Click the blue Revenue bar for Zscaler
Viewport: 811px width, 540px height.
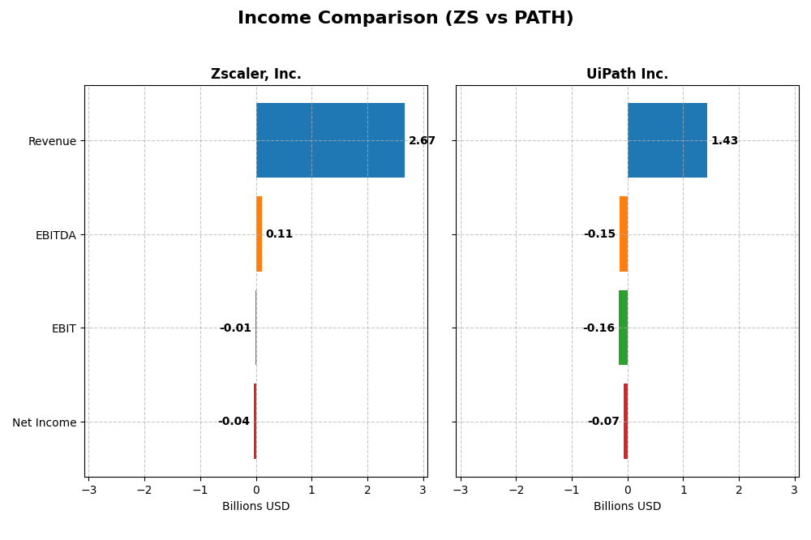pos(330,140)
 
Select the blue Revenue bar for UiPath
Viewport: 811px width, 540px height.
pos(667,140)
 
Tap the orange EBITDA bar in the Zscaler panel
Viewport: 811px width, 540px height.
pos(259,234)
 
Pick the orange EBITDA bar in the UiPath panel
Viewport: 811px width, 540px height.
pos(624,234)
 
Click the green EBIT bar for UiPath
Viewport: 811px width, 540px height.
pos(623,328)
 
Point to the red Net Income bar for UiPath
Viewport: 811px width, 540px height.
pos(625,422)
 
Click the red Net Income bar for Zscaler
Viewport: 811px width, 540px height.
pos(255,422)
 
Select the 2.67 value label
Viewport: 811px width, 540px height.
pos(422,141)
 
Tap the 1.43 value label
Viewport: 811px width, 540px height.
pos(724,141)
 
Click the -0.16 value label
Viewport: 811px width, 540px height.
pos(599,328)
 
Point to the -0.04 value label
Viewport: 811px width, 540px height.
pos(234,422)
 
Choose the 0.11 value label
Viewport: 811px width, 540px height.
pos(279,234)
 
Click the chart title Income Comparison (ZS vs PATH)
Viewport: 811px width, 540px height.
pos(405,18)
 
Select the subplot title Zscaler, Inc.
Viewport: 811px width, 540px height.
pos(255,75)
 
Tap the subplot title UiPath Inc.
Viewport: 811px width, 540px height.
pos(627,75)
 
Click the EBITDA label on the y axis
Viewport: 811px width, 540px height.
pos(56,235)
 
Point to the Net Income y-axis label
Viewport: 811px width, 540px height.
pos(44,422)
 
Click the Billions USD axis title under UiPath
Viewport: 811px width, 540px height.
pos(627,507)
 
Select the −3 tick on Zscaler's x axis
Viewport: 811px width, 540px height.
pos(88,491)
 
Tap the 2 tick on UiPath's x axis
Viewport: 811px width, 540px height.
pos(739,491)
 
